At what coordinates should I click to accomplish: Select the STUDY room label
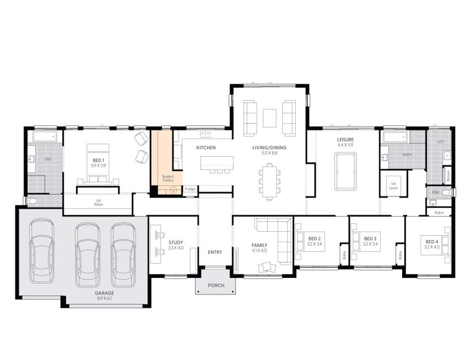click(x=176, y=242)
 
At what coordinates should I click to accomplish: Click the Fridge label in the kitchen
click(x=190, y=189)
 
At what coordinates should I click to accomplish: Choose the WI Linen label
click(x=393, y=186)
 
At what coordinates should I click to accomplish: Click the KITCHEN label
click(x=206, y=148)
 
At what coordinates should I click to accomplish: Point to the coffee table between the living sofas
click(x=269, y=118)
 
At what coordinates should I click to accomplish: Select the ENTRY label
click(x=215, y=252)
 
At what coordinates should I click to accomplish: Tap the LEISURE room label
click(x=345, y=140)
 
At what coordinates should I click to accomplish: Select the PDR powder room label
click(x=435, y=193)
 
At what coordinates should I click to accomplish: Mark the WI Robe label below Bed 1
click(x=98, y=202)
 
